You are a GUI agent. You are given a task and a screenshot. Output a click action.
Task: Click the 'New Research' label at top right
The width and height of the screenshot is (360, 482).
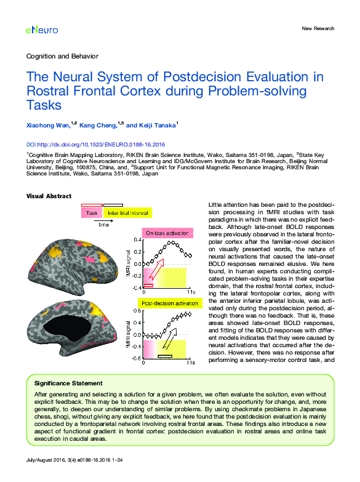(318, 28)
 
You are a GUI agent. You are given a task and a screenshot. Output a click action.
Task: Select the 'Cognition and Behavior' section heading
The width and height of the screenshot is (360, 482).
(62, 56)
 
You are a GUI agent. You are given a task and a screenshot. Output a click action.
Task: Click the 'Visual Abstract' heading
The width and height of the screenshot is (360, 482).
(49, 196)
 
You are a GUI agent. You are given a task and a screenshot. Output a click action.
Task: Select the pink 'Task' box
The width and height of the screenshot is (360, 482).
(92, 212)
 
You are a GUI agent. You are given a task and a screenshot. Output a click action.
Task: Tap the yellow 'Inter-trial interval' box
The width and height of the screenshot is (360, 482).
(127, 212)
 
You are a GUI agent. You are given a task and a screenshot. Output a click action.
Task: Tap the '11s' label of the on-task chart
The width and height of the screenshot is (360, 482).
(191, 292)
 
